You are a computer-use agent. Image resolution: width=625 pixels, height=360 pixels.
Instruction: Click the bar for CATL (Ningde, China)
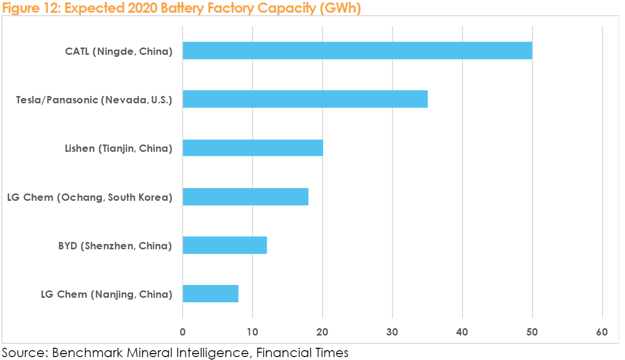point(357,50)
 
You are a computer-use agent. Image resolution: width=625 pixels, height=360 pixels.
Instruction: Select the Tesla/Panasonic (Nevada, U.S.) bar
point(305,99)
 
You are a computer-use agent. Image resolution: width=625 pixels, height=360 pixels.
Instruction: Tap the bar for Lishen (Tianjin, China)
point(253,147)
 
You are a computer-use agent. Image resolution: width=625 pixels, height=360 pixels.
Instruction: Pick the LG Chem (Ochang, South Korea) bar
point(245,196)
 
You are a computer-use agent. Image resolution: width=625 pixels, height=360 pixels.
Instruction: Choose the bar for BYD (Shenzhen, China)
point(225,245)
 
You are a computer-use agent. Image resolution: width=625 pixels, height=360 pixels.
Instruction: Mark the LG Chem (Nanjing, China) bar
point(210,293)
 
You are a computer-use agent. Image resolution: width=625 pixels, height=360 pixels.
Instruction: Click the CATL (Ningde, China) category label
point(118,51)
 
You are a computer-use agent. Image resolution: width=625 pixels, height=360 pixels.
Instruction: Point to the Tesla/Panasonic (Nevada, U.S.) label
point(94,100)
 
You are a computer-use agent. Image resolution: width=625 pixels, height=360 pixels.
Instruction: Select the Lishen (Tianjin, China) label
point(118,148)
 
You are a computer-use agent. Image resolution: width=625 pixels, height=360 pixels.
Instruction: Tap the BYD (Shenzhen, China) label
point(115,246)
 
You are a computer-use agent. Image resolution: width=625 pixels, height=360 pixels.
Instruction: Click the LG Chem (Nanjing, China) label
point(106,294)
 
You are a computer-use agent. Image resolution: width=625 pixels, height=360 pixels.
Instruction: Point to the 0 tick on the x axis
point(183,332)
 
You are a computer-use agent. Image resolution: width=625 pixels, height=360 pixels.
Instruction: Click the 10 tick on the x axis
point(253,332)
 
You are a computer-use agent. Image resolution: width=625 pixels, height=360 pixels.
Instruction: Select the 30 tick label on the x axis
point(393,332)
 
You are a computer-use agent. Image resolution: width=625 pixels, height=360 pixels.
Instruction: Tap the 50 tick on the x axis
point(532,332)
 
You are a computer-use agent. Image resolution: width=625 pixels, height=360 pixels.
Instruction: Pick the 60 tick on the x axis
point(602,332)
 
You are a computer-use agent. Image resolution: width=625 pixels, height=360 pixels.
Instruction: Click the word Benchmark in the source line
point(83,352)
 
